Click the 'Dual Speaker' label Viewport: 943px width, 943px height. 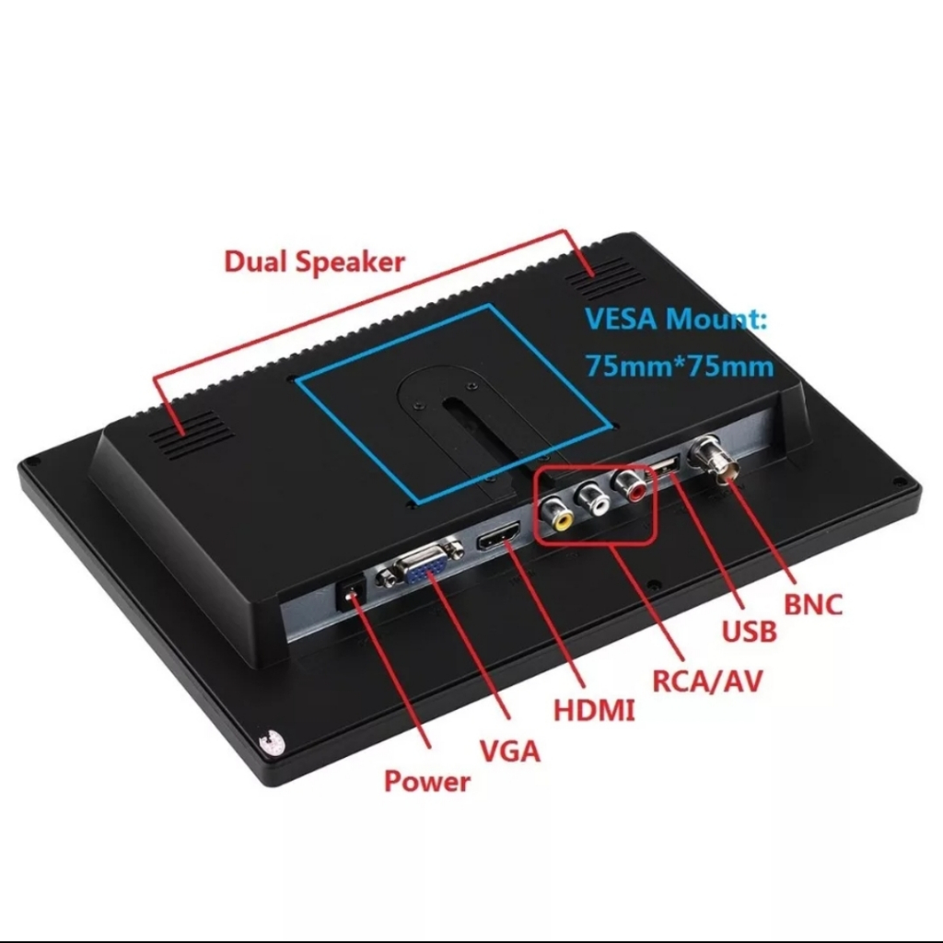coord(314,261)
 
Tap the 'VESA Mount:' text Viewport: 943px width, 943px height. coord(676,321)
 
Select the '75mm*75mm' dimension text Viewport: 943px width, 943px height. coord(680,366)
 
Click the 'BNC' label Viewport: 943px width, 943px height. coord(813,605)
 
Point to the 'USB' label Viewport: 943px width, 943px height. coord(749,631)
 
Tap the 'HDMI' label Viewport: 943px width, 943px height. coord(594,710)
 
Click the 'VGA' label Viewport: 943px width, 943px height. coord(509,751)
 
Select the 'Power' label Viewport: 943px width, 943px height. coord(426,782)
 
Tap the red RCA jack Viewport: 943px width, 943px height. coord(633,485)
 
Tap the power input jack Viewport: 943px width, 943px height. coord(350,594)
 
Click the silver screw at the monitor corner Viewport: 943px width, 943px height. coord(271,741)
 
